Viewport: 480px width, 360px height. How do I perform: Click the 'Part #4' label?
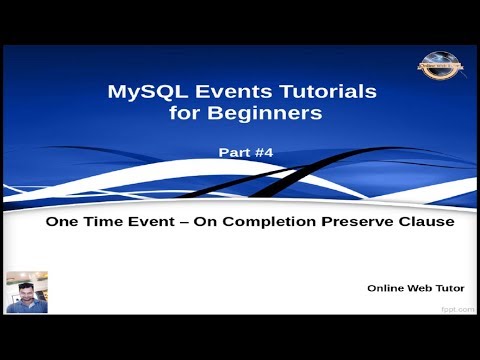click(243, 154)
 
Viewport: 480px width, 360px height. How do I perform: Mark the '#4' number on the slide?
click(259, 154)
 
